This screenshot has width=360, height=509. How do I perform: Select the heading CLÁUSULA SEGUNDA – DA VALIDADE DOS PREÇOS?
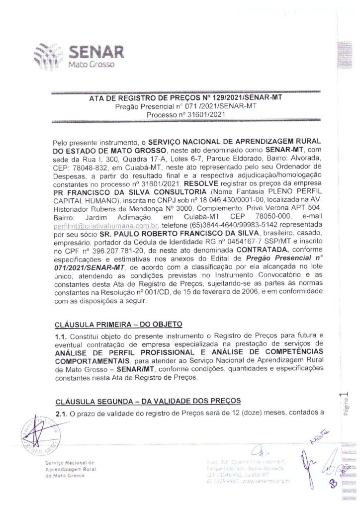tap(148, 400)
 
